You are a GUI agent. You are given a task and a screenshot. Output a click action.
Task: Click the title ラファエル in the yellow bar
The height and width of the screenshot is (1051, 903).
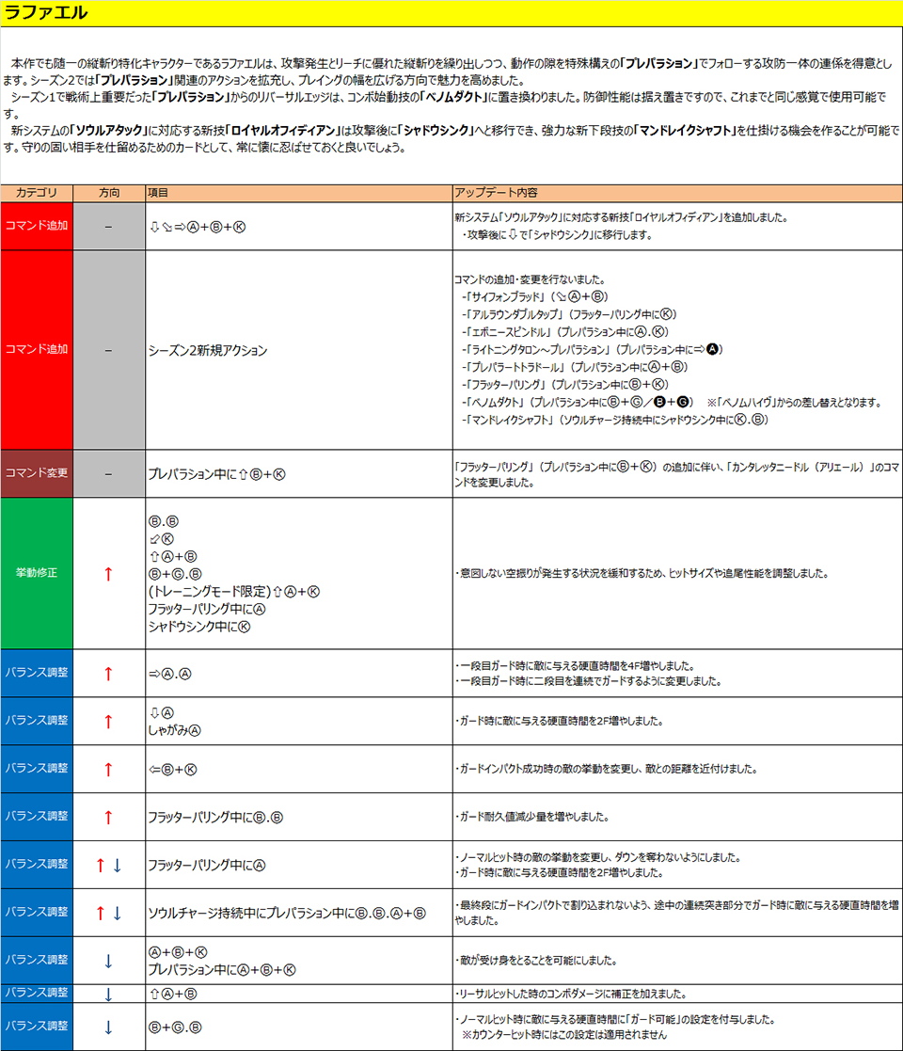pos(47,13)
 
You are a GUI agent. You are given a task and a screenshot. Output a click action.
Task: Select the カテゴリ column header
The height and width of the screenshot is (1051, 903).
pos(36,192)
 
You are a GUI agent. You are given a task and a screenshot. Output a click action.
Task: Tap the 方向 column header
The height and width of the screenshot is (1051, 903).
pos(109,192)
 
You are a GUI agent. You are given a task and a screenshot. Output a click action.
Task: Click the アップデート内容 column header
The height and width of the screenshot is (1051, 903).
pos(496,192)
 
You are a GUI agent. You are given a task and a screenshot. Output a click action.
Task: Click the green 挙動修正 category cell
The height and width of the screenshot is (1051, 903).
pos(37,572)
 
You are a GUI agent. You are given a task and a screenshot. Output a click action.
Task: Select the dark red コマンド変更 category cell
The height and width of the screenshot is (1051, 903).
pos(37,473)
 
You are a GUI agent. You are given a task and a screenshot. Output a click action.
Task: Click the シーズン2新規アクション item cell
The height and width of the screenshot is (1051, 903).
pos(208,350)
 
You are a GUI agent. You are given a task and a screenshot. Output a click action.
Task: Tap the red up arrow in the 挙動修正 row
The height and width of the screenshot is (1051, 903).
pos(108,574)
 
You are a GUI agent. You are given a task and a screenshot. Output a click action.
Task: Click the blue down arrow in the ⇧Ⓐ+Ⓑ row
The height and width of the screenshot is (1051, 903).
pos(108,994)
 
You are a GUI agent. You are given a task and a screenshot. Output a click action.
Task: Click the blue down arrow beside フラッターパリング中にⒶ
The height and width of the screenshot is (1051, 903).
pos(118,865)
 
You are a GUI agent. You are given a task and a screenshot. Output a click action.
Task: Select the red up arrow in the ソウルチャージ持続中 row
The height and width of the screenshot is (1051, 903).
pos(101,913)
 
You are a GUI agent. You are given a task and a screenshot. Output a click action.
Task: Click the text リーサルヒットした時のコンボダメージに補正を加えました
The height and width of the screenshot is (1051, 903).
pos(573,994)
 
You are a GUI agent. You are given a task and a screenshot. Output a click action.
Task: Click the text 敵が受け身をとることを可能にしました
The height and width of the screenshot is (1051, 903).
pos(536,961)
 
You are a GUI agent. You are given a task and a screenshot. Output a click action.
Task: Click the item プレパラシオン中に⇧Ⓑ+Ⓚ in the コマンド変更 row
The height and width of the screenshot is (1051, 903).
pos(216,473)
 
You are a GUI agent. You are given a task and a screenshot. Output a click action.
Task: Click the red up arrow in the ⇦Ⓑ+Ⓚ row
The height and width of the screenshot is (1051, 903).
pos(108,769)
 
